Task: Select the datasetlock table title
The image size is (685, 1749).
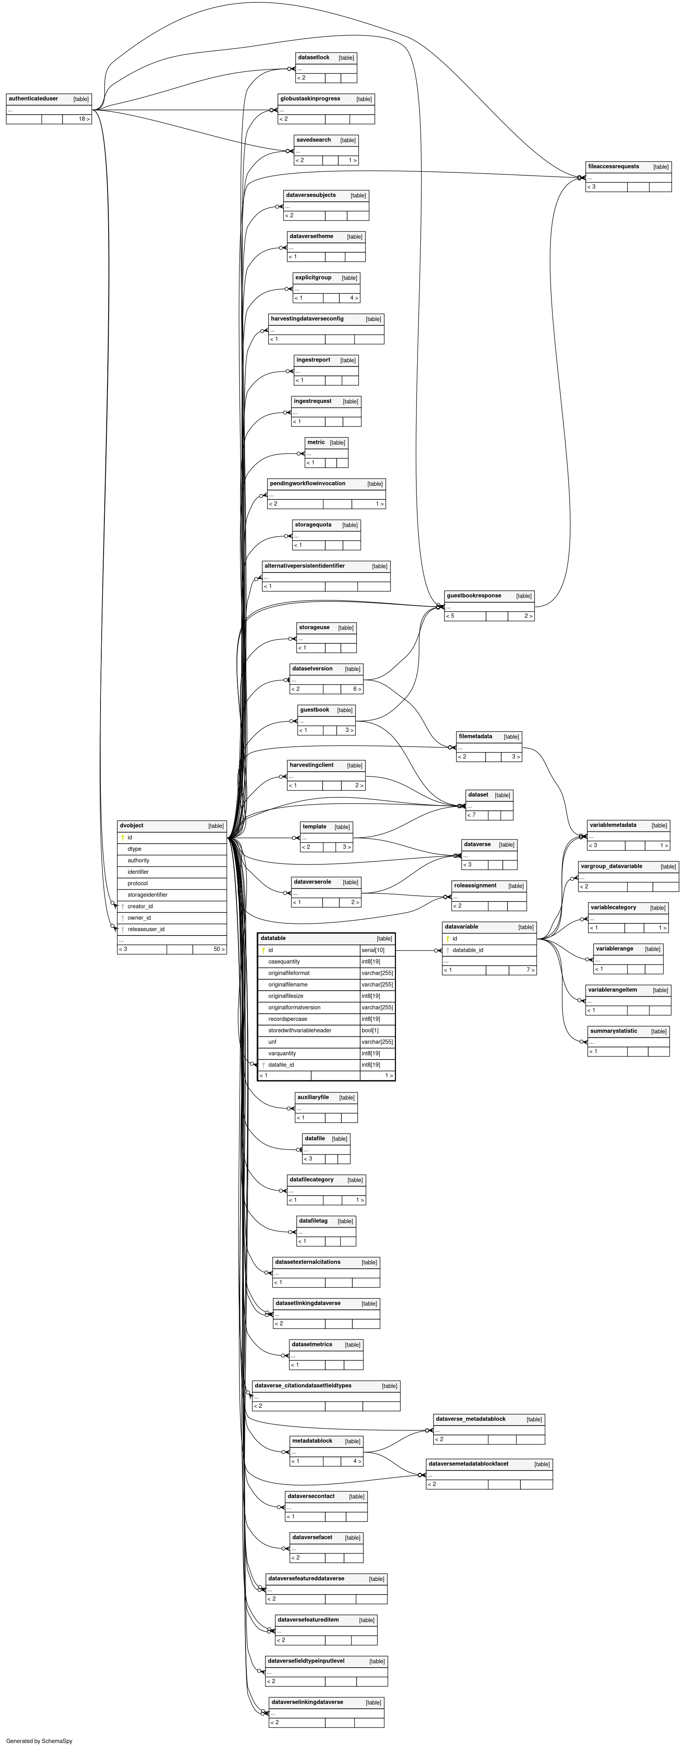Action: point(313,58)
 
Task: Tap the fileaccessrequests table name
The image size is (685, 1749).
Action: point(613,166)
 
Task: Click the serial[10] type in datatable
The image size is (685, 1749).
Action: point(373,950)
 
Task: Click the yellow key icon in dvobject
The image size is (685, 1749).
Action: point(123,838)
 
